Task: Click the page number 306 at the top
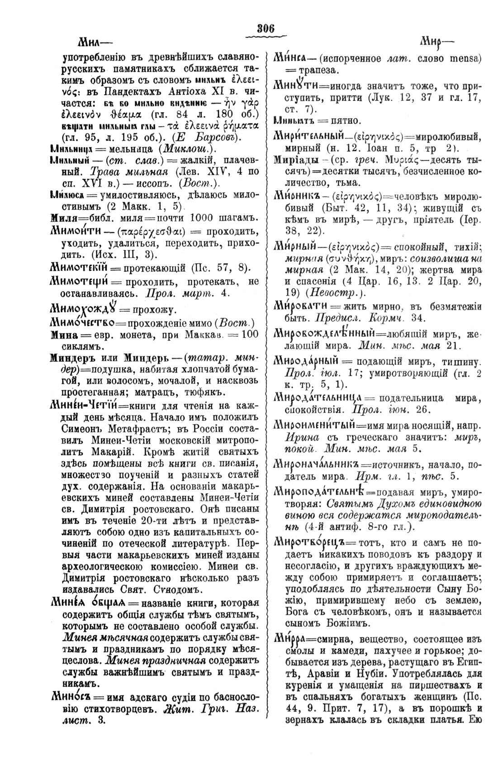(x=266, y=28)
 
